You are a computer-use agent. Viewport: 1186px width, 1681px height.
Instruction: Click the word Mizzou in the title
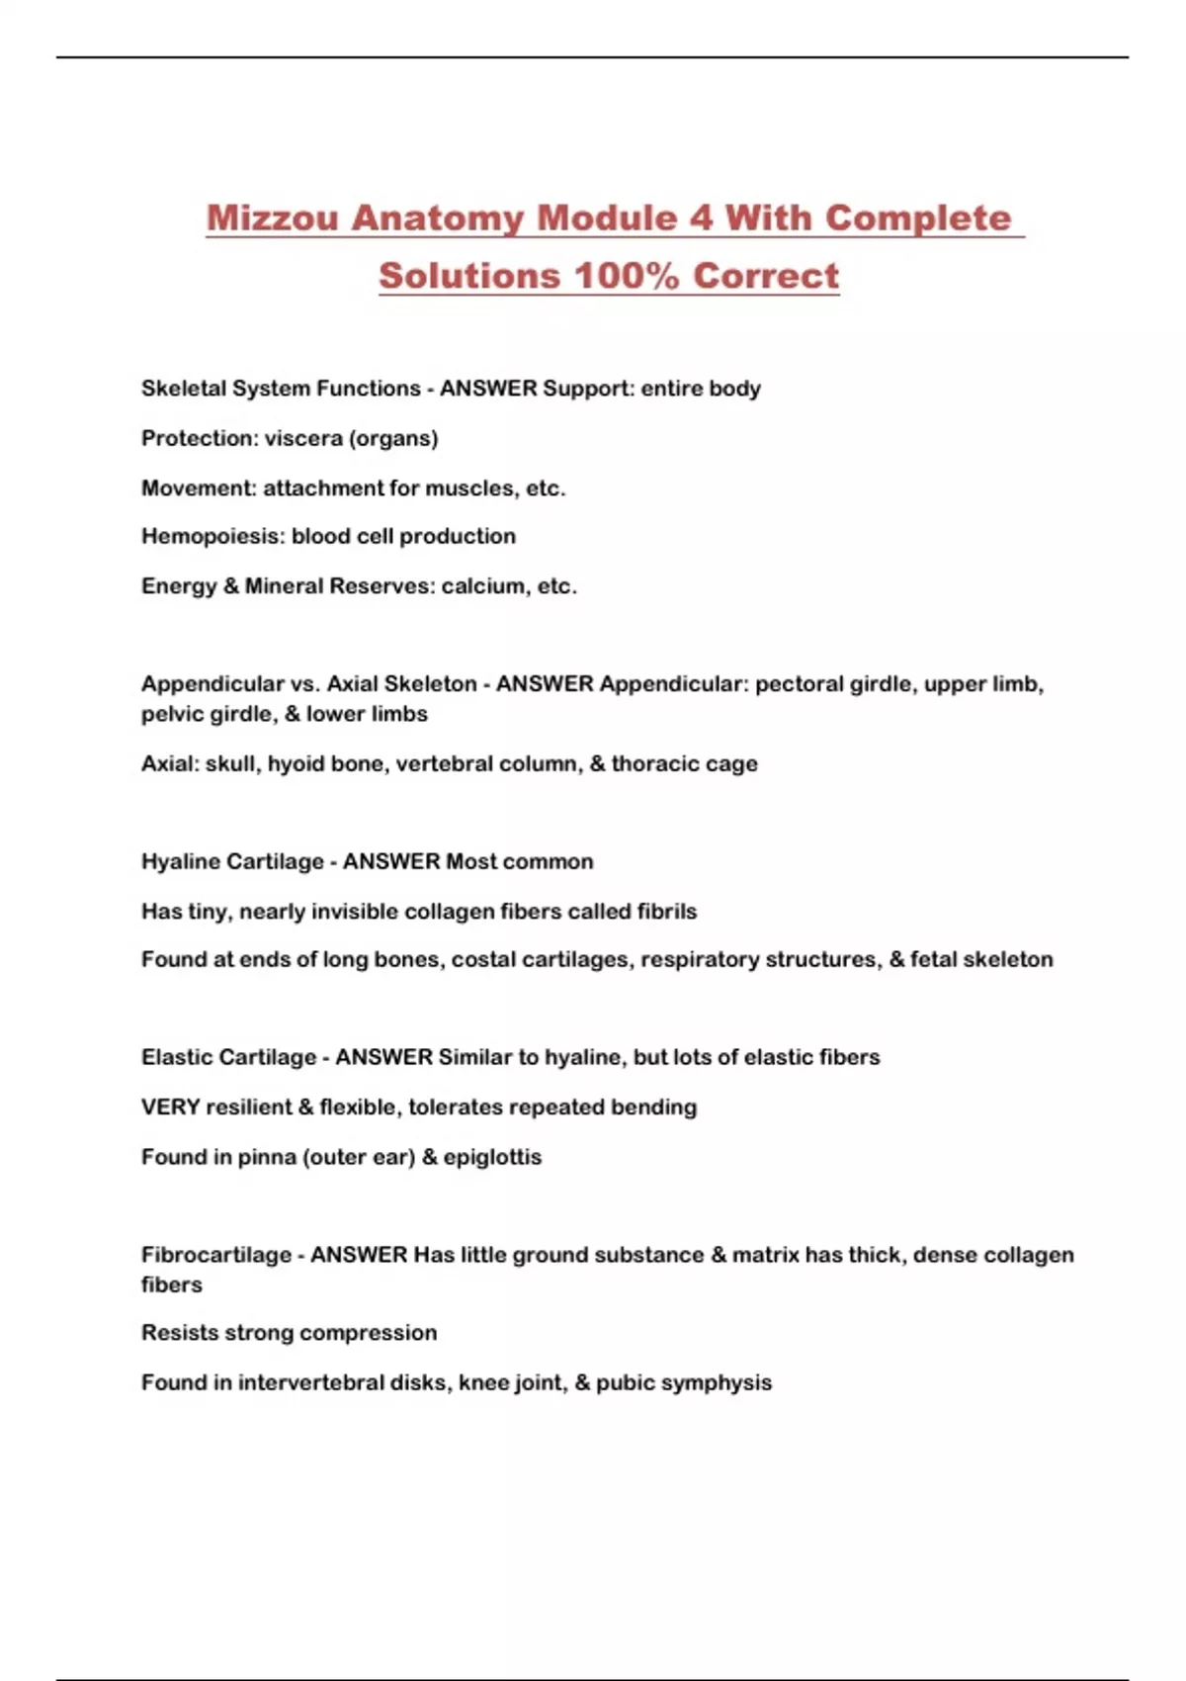[272, 218]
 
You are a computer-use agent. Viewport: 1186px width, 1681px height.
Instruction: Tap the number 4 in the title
[700, 218]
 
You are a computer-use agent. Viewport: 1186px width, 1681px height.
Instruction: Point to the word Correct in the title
[766, 276]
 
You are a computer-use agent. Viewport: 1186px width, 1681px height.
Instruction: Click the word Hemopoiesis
[212, 537]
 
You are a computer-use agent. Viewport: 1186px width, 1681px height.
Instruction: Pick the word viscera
[302, 438]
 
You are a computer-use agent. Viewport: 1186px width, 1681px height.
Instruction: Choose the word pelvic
[172, 715]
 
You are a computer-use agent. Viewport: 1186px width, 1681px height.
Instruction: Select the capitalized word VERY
[171, 1107]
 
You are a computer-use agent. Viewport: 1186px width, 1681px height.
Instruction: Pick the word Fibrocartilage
[216, 1255]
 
